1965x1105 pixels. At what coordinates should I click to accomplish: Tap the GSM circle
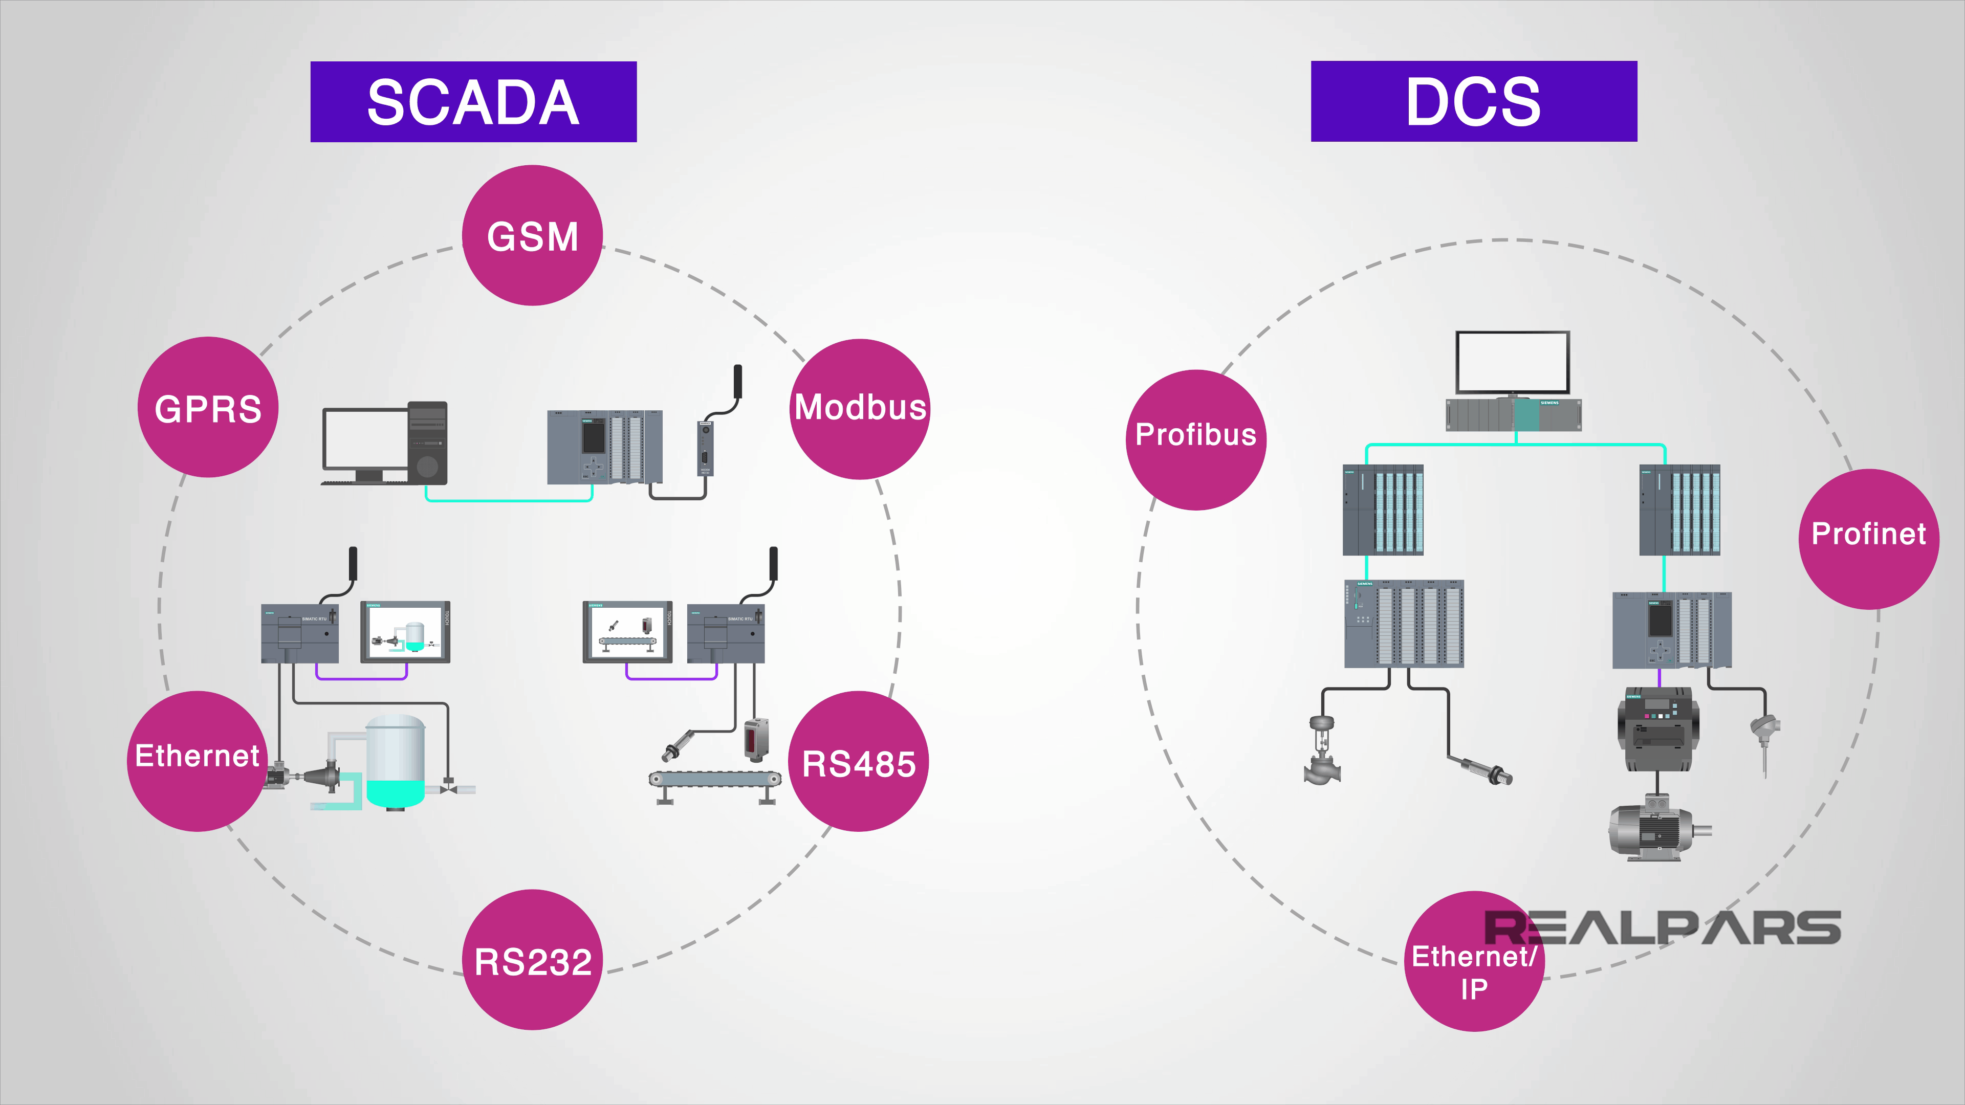[x=532, y=236]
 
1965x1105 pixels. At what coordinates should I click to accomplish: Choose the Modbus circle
[x=860, y=409]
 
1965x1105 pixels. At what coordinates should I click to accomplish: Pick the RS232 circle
[x=532, y=960]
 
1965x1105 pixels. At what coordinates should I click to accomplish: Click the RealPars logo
[x=1663, y=927]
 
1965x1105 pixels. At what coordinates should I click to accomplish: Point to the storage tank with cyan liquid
[x=395, y=761]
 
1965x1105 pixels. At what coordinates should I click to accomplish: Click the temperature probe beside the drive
[x=1764, y=740]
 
